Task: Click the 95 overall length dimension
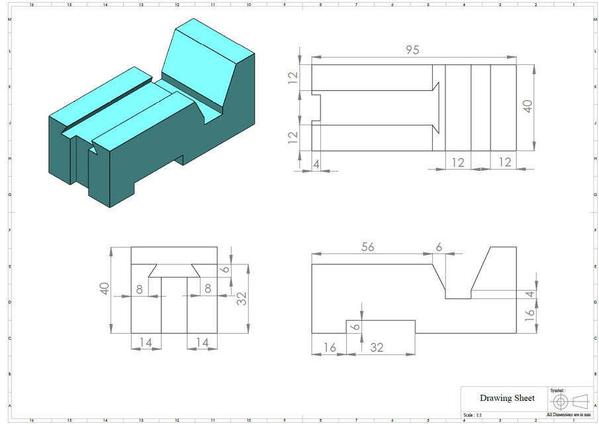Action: click(412, 50)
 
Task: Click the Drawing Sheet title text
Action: click(507, 397)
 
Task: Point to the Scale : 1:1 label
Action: click(474, 415)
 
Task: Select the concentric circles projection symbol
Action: click(560, 402)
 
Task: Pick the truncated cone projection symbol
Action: click(580, 401)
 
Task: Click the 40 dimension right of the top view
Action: click(527, 107)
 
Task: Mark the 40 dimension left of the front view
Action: click(105, 289)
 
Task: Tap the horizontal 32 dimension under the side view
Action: click(378, 347)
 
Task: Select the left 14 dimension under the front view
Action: click(146, 342)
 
